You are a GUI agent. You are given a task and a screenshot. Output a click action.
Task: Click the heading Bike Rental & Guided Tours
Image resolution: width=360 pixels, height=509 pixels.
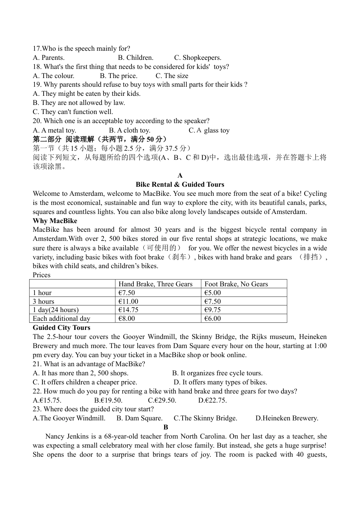pyautogui.click(x=180, y=184)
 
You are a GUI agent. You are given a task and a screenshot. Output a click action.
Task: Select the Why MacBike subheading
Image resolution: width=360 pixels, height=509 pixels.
pyautogui.click(x=55, y=221)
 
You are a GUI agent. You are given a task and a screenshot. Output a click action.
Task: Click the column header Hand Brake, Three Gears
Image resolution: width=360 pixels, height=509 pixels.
pyautogui.click(x=155, y=284)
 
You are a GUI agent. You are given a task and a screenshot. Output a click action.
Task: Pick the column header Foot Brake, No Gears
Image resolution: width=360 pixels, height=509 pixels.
pyautogui.click(x=236, y=284)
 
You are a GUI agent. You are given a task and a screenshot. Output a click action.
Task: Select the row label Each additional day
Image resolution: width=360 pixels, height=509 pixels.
pyautogui.click(x=61, y=319)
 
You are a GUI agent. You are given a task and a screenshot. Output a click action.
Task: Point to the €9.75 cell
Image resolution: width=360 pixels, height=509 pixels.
pyautogui.click(x=213, y=310)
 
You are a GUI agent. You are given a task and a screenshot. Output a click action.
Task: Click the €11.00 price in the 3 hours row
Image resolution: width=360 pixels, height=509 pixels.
pyautogui.click(x=128, y=301)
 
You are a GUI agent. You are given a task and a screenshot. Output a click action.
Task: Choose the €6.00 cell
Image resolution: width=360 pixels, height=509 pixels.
pyautogui.click(x=213, y=319)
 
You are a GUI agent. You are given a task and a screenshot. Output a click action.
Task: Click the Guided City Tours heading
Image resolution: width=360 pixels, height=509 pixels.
pyautogui.click(x=61, y=328)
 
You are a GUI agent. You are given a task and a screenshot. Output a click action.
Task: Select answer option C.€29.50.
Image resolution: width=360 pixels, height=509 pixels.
pyautogui.click(x=162, y=400)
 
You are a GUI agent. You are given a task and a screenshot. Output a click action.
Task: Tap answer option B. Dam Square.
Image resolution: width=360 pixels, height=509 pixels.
pyautogui.click(x=139, y=418)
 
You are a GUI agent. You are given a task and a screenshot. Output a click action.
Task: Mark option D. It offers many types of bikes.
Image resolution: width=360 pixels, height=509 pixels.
pyautogui.click(x=221, y=382)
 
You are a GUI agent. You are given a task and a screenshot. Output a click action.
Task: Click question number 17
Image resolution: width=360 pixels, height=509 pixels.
pyautogui.click(x=37, y=48)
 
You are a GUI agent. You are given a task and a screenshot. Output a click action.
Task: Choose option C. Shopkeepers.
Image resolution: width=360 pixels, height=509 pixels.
pyautogui.click(x=198, y=58)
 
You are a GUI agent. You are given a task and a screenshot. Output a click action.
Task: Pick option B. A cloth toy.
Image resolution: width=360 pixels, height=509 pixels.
pyautogui.click(x=130, y=130)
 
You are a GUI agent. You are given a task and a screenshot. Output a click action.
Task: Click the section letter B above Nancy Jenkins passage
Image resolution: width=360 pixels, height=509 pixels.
pyautogui.click(x=166, y=427)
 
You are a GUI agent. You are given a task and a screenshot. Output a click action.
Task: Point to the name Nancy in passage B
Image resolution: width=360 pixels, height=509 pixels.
pyautogui.click(x=55, y=436)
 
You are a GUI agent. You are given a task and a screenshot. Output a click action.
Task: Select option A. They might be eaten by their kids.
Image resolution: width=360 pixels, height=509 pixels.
pyautogui.click(x=87, y=94)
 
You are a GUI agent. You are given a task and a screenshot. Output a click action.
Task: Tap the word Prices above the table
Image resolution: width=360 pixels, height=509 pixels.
pyautogui.click(x=41, y=275)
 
